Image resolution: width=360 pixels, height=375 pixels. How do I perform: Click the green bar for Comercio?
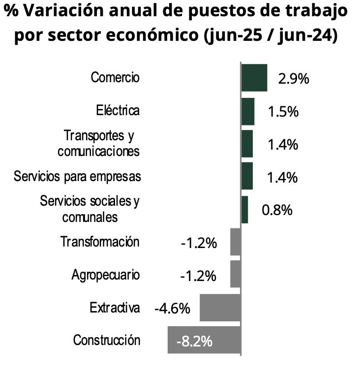coord(254,78)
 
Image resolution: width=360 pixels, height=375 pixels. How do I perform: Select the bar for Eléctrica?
coord(248,111)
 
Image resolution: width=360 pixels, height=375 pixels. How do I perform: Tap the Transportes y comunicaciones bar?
coord(247,144)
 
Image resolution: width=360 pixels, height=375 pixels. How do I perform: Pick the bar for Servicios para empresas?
coord(247,176)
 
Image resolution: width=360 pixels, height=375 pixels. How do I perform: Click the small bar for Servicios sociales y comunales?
coord(245,210)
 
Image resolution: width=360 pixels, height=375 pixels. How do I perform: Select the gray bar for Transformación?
coord(236,242)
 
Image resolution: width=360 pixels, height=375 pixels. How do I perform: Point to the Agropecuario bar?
coord(236,274)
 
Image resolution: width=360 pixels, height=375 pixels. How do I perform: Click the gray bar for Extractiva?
coord(220,308)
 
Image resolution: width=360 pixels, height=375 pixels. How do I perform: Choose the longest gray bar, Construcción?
coord(204,340)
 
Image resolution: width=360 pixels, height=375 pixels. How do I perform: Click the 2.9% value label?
coord(293,79)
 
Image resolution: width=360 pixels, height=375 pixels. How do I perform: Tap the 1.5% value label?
coord(283,112)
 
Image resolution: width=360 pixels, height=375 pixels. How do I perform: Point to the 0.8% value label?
coord(277,210)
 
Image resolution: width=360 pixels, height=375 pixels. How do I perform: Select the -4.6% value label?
coord(172,309)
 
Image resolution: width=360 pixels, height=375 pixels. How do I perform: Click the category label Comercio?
coord(115,78)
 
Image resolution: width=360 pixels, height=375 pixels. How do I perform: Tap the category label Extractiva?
coord(115,308)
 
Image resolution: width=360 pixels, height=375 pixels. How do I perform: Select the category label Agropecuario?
coord(105,275)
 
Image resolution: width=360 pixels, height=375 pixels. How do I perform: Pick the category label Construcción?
coord(107,340)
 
